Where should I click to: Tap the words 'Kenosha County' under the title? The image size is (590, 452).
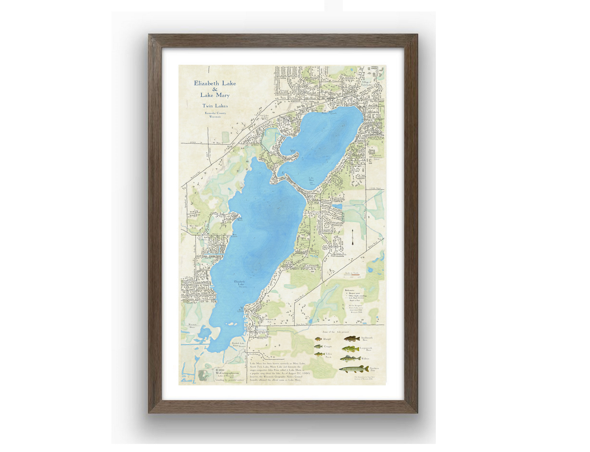215,113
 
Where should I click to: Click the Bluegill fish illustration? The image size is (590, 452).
319,339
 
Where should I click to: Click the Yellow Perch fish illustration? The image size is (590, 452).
319,354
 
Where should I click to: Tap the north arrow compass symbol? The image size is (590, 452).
352,238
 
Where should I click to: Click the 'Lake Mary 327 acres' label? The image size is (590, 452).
312,181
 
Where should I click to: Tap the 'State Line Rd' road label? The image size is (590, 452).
302,324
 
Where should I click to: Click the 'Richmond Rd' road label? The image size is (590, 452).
195,175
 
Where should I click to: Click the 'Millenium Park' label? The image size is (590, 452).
269,321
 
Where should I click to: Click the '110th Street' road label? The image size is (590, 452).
375,188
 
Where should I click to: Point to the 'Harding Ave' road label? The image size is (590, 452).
262,338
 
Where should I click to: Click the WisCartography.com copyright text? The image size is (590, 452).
227,373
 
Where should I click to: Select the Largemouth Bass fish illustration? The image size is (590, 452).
350,349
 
